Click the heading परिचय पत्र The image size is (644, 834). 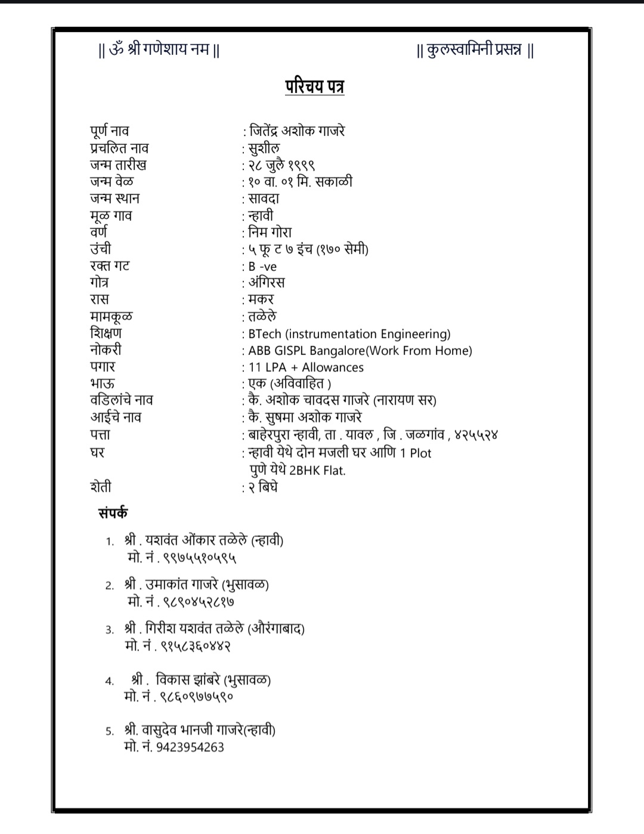pos(314,87)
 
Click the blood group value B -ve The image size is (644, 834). pos(262,267)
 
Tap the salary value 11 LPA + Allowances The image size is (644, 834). pos(306,367)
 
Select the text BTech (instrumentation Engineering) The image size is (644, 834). pos(349,334)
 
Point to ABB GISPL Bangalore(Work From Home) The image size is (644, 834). pos(360,351)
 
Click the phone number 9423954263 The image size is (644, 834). pos(190,747)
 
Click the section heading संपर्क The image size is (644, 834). pos(113,513)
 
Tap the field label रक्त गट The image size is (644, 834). pos(110,266)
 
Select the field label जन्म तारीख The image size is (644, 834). pos(118,165)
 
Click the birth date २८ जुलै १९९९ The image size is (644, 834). pos(281,165)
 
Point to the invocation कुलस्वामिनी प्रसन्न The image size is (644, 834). pos(475,50)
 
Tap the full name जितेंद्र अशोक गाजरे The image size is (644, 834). pos(296,131)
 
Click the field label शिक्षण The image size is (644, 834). pos(106,333)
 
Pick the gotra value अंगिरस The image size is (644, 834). pos(267,282)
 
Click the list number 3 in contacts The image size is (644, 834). pos(110,629)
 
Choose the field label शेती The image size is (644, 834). pos(101,487)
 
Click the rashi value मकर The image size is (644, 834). pos(261,299)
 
